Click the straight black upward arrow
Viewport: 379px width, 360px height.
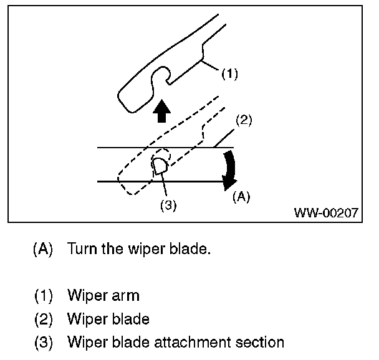(161, 111)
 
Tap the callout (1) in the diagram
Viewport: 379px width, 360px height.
(229, 73)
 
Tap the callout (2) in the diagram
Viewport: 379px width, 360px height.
(244, 120)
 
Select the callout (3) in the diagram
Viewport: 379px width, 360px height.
(168, 206)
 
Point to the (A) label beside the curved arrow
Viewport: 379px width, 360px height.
(241, 197)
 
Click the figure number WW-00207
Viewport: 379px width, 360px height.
(326, 213)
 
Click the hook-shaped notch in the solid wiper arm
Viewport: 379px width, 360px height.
(161, 75)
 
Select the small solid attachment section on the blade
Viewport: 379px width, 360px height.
(160, 166)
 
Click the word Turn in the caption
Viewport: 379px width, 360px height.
(82, 249)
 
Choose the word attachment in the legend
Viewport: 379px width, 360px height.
(193, 342)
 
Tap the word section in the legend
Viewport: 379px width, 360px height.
(259, 342)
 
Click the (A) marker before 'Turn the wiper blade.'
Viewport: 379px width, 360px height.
(43, 249)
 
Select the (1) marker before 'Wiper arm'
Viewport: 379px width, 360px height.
(44, 295)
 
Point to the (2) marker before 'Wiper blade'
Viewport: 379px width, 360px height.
(44, 319)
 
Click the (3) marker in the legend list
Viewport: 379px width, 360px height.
(44, 343)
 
